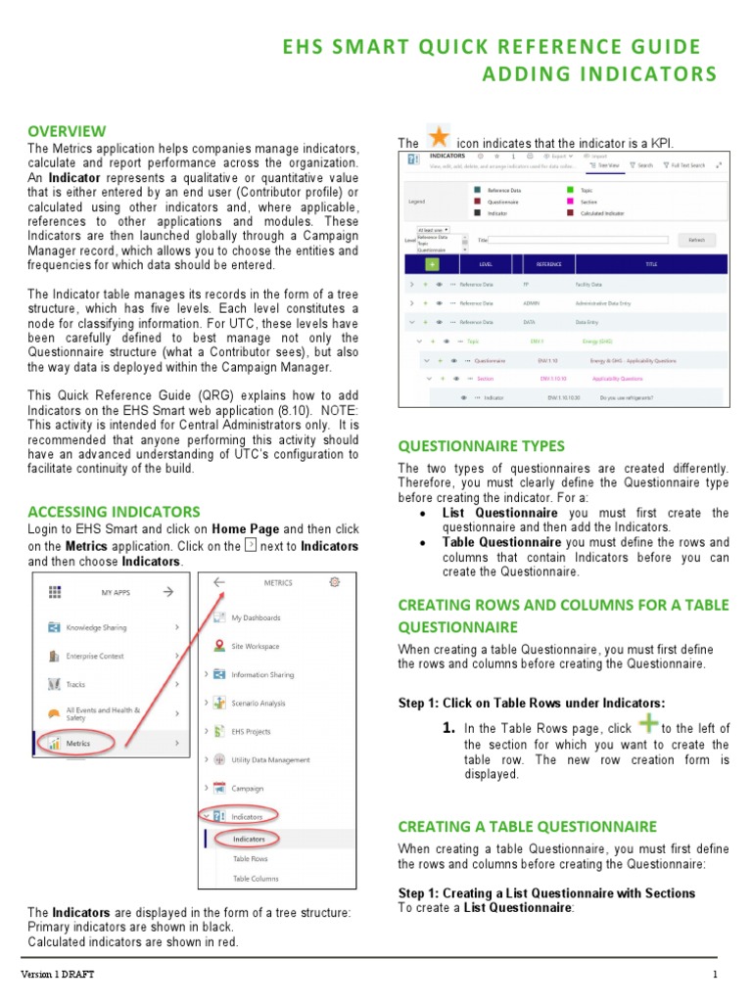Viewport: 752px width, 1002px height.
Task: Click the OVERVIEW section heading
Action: pos(67,131)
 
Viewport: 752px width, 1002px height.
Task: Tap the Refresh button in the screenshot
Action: pos(696,240)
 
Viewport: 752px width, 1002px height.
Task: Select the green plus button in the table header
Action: pos(432,264)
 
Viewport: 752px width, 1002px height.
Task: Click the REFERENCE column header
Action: pos(549,264)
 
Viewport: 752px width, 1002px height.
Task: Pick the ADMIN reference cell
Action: pos(532,302)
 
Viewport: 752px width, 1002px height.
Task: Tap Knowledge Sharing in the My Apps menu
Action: pos(96,627)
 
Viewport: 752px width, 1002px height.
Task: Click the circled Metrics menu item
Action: pos(78,744)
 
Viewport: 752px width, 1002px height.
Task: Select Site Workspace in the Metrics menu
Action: pos(255,646)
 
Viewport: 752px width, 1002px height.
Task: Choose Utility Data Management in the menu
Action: pos(270,759)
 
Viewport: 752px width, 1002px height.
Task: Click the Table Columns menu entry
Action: pos(256,879)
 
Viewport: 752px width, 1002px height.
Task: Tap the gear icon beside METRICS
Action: pos(335,581)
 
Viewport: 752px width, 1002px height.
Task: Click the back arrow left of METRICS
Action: pos(218,582)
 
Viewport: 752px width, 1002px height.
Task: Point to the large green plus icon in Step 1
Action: pos(647,725)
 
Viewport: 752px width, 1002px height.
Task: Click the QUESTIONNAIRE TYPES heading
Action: pos(481,445)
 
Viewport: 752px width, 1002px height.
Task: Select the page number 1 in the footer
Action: pos(716,975)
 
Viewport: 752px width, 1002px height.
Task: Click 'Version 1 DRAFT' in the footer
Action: pos(59,975)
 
